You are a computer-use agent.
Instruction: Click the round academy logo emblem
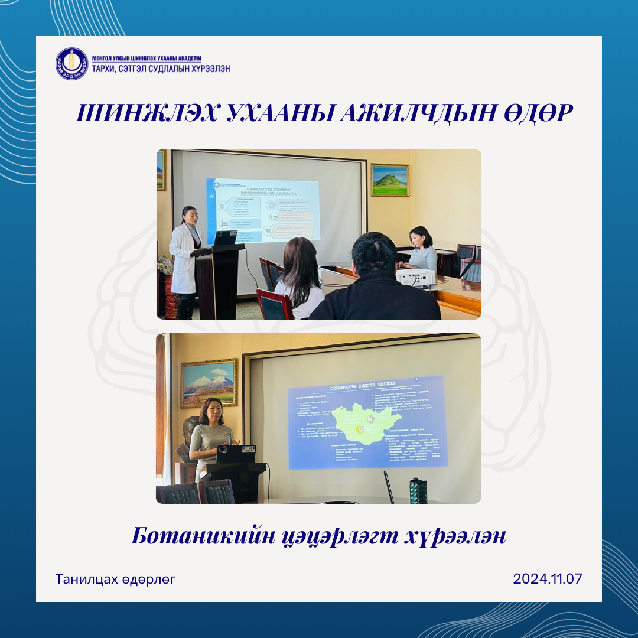click(x=71, y=64)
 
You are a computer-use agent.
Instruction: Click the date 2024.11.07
click(x=548, y=578)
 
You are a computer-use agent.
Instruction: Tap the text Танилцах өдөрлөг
click(x=116, y=579)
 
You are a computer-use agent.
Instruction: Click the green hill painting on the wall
click(x=390, y=180)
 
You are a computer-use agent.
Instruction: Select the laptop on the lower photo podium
click(x=236, y=454)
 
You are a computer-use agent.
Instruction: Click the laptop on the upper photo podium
click(x=225, y=238)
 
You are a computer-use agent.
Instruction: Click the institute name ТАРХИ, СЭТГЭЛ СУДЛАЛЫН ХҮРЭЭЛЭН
click(x=161, y=69)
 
